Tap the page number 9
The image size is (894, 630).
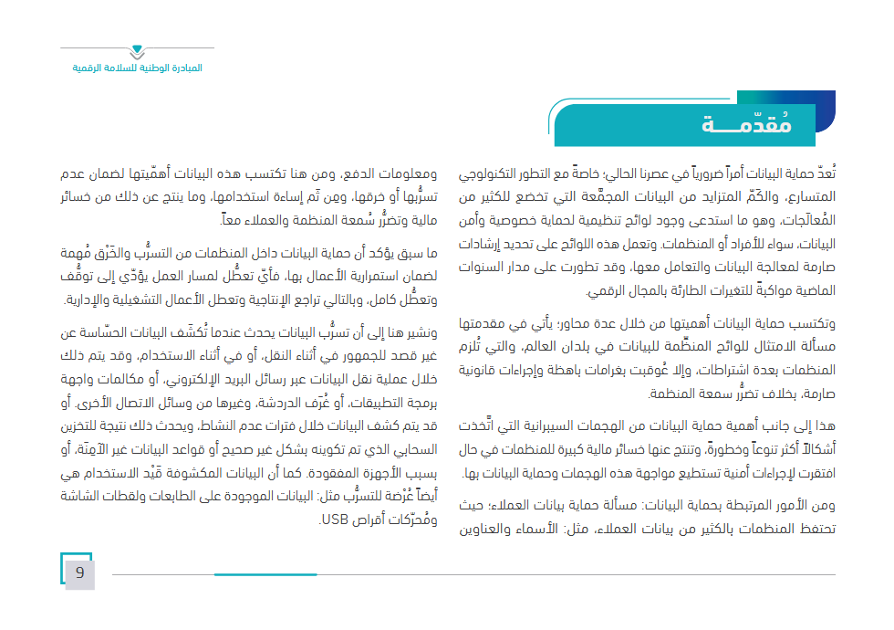click(x=79, y=573)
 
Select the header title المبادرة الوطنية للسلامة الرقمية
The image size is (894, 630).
click(x=138, y=69)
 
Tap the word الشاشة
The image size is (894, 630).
click(x=83, y=498)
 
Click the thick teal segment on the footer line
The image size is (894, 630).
click(x=265, y=574)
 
